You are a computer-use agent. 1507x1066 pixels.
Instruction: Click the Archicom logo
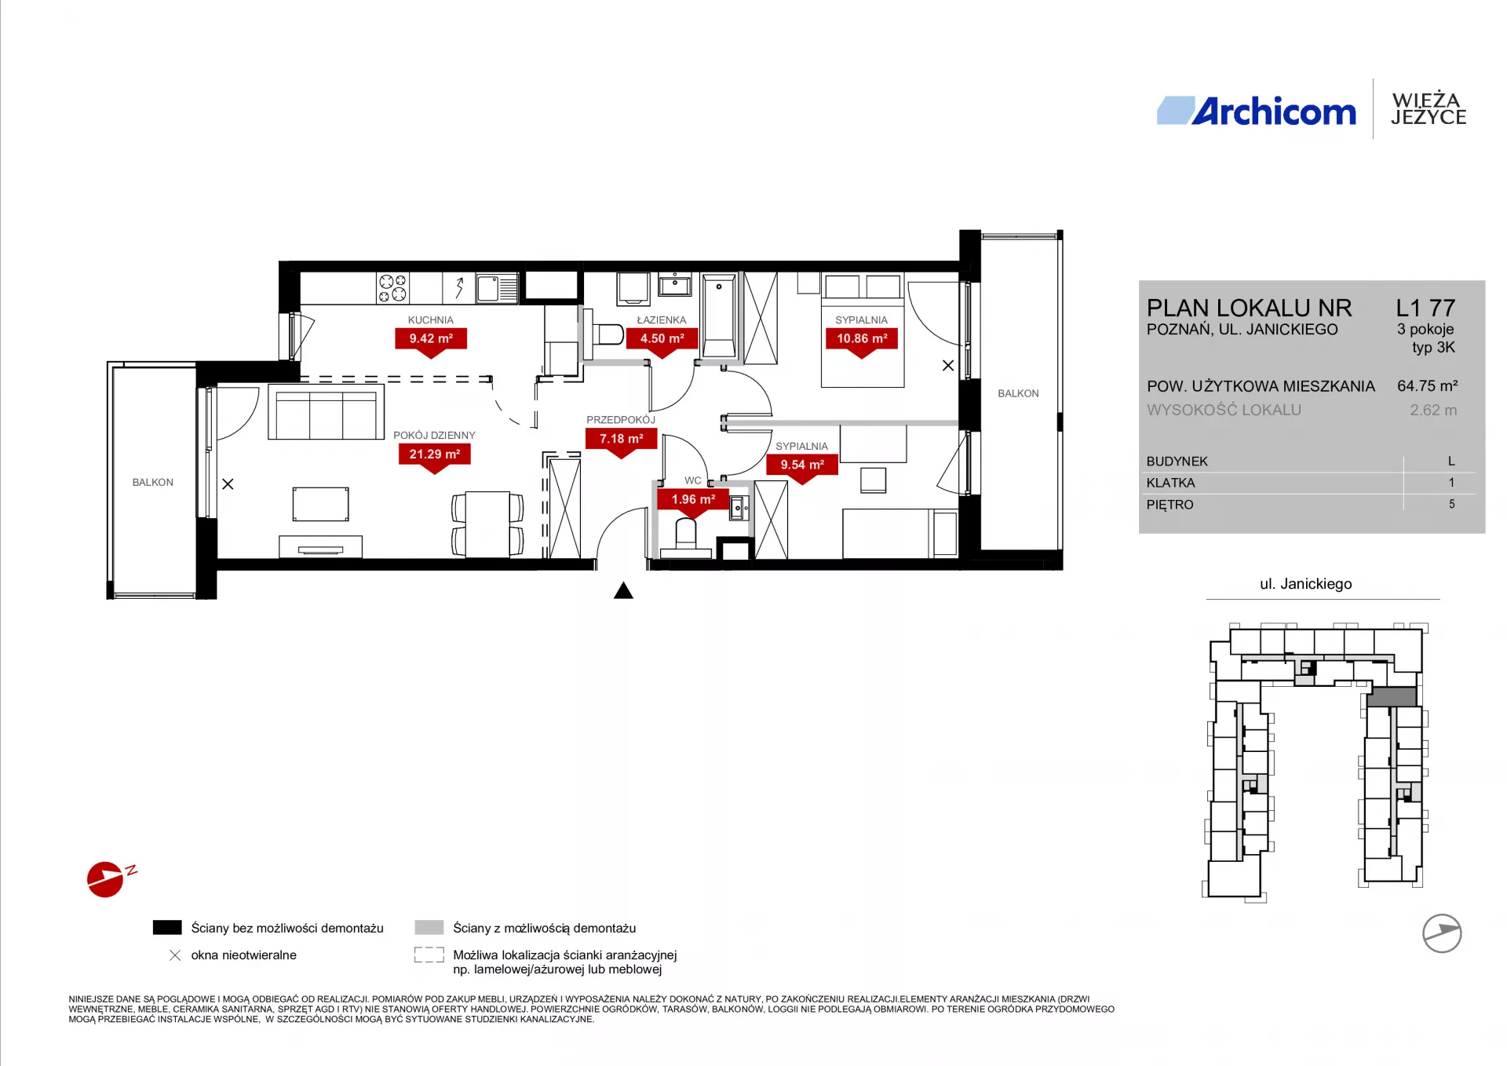[1257, 111]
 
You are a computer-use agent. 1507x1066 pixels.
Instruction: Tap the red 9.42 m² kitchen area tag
[431, 342]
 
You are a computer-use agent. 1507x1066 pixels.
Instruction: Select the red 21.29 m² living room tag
[435, 458]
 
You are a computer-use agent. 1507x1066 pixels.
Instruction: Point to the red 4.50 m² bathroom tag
[662, 342]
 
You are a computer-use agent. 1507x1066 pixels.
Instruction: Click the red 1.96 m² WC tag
[693, 503]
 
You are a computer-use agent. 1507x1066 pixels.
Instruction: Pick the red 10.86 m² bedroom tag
[862, 342]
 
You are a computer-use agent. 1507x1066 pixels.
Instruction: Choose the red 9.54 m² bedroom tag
[802, 469]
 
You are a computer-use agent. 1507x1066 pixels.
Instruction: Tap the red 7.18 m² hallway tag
[622, 443]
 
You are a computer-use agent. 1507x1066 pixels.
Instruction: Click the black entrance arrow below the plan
[623, 590]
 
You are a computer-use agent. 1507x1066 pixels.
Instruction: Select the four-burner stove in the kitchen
[392, 288]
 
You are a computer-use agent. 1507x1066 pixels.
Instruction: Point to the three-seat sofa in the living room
[326, 411]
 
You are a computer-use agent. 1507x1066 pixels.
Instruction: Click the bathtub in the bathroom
[719, 316]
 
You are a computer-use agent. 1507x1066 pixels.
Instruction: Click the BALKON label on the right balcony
[1018, 393]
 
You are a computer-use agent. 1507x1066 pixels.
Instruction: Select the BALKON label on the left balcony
[153, 482]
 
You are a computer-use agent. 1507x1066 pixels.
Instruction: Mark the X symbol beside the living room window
[228, 484]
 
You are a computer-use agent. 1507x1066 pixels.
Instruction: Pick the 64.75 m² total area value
[1427, 386]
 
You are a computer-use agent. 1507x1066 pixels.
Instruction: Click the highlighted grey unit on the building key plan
[1392, 696]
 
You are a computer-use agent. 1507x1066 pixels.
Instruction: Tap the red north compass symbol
[106, 879]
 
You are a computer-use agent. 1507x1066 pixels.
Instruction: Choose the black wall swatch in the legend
[167, 928]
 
